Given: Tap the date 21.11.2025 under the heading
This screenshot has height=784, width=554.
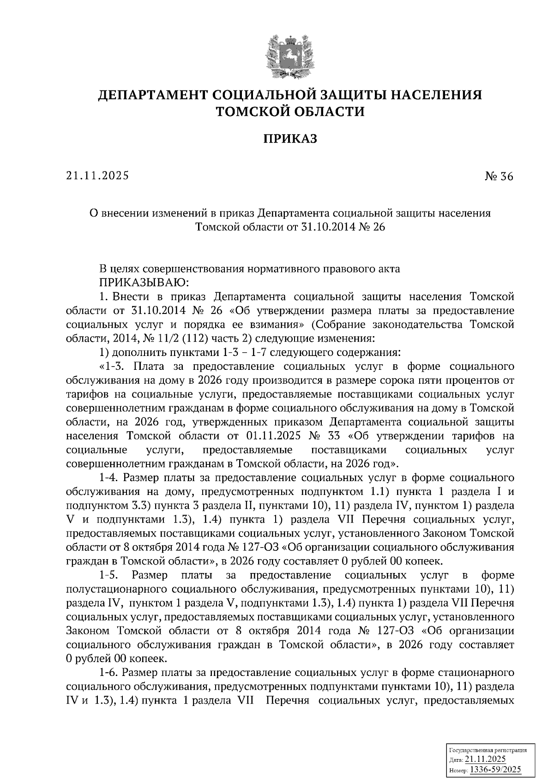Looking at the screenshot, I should coord(97,175).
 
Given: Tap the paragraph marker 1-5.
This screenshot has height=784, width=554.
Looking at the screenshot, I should coord(109,575).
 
